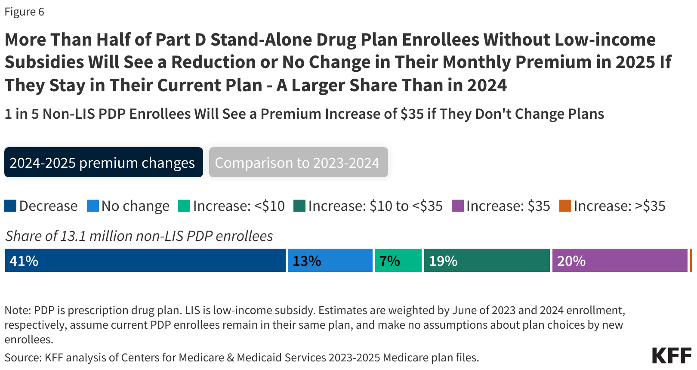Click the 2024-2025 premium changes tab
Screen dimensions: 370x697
pos(103,163)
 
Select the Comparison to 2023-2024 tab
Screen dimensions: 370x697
pos(298,163)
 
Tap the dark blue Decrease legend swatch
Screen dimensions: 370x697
pos(10,206)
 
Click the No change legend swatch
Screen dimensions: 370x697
pos(93,206)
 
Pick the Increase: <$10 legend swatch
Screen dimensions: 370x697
pos(184,206)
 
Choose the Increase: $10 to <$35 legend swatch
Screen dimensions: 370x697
pos(299,206)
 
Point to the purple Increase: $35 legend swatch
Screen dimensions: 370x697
pos(457,206)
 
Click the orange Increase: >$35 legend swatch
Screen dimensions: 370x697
pos(565,206)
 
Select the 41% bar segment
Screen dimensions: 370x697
pos(145,260)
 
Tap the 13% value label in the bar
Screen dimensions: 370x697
pos(307,261)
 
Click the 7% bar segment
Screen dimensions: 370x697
pos(398,260)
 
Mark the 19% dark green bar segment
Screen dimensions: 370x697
pos(487,260)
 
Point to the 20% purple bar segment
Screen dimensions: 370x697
pos(620,260)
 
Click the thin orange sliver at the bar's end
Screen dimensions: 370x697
pos(691,260)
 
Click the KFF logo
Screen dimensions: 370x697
pos(672,355)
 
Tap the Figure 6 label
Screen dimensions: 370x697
pos(24,12)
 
